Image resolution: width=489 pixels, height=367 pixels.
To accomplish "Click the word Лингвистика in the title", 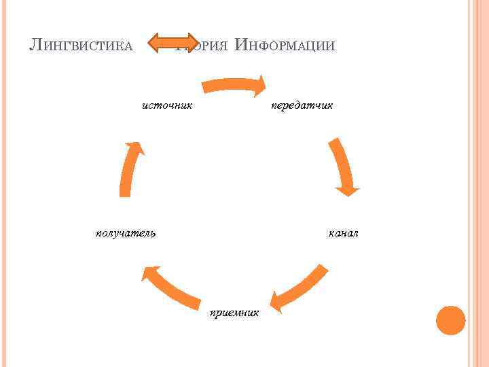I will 81,46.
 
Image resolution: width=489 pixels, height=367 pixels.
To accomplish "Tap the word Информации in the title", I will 284,46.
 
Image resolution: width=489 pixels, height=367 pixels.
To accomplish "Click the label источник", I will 167,105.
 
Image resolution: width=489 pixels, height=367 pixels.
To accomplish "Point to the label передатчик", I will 302,106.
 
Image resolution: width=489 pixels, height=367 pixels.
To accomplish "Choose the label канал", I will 343,233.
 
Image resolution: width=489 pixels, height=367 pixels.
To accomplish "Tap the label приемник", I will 234,313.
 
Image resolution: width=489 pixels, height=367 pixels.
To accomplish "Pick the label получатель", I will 126,233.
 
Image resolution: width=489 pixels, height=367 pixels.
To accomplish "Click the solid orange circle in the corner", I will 450,320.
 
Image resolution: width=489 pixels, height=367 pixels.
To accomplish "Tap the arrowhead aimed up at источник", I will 136,147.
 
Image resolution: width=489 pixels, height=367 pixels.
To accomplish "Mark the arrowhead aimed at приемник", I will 277,301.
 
